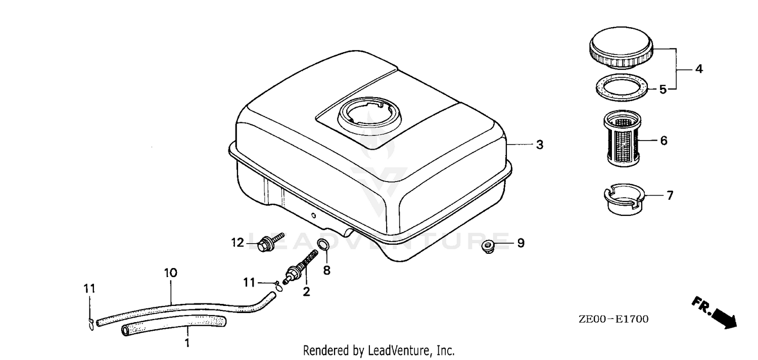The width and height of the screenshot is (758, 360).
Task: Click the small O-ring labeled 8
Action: pyautogui.click(x=323, y=245)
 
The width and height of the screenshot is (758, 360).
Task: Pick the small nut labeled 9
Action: pyautogui.click(x=489, y=246)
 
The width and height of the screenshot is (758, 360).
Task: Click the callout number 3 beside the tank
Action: pyautogui.click(x=539, y=145)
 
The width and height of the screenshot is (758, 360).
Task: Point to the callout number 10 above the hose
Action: pyautogui.click(x=171, y=273)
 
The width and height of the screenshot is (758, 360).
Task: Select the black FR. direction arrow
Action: pyautogui.click(x=715, y=313)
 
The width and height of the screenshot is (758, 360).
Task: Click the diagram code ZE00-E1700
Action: pyautogui.click(x=613, y=319)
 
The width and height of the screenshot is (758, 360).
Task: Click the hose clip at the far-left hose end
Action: pyautogui.click(x=90, y=324)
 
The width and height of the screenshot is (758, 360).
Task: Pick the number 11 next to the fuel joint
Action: pyautogui.click(x=250, y=282)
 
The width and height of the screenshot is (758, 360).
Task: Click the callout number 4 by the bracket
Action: pyautogui.click(x=699, y=69)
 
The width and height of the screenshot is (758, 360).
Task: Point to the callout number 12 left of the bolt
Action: pyautogui.click(x=238, y=243)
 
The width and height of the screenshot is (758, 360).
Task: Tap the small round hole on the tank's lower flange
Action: pyautogui.click(x=313, y=215)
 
